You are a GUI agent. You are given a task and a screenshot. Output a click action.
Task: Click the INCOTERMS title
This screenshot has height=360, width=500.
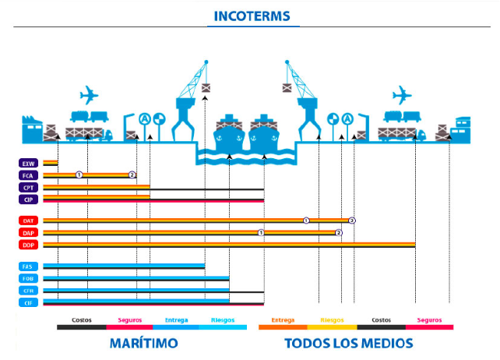click(249, 16)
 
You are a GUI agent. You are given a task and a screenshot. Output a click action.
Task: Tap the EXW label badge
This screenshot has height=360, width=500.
click(29, 164)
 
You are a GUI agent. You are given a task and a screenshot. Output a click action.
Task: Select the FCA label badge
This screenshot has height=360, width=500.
click(29, 175)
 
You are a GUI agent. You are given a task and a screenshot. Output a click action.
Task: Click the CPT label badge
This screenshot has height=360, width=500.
click(29, 188)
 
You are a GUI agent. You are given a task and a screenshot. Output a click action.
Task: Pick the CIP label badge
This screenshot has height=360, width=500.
click(29, 199)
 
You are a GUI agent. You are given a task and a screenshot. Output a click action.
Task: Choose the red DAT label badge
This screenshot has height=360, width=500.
click(29, 221)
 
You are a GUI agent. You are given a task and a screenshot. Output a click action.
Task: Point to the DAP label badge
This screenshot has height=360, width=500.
click(29, 233)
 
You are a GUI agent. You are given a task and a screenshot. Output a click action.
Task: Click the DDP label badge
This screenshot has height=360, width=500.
click(29, 245)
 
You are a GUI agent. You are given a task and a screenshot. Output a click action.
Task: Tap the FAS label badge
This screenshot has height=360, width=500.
click(29, 266)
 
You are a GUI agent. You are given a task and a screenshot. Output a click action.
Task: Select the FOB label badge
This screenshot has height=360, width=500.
click(29, 278)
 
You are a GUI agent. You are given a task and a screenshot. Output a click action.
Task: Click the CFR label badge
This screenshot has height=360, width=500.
click(29, 291)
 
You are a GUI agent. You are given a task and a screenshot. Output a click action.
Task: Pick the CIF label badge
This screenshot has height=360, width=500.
click(29, 302)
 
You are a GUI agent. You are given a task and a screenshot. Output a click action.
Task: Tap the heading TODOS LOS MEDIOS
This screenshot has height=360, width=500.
click(348, 344)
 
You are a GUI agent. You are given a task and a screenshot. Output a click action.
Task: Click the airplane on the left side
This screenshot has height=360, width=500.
click(90, 95)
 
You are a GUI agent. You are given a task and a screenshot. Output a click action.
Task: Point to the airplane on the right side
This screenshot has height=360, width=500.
click(402, 95)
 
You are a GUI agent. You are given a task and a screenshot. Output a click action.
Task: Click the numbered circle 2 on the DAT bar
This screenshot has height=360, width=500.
click(352, 221)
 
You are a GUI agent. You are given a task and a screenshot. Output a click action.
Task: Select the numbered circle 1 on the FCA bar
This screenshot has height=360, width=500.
click(79, 175)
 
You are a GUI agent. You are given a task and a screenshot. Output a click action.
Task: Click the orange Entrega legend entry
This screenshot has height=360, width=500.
click(283, 320)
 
